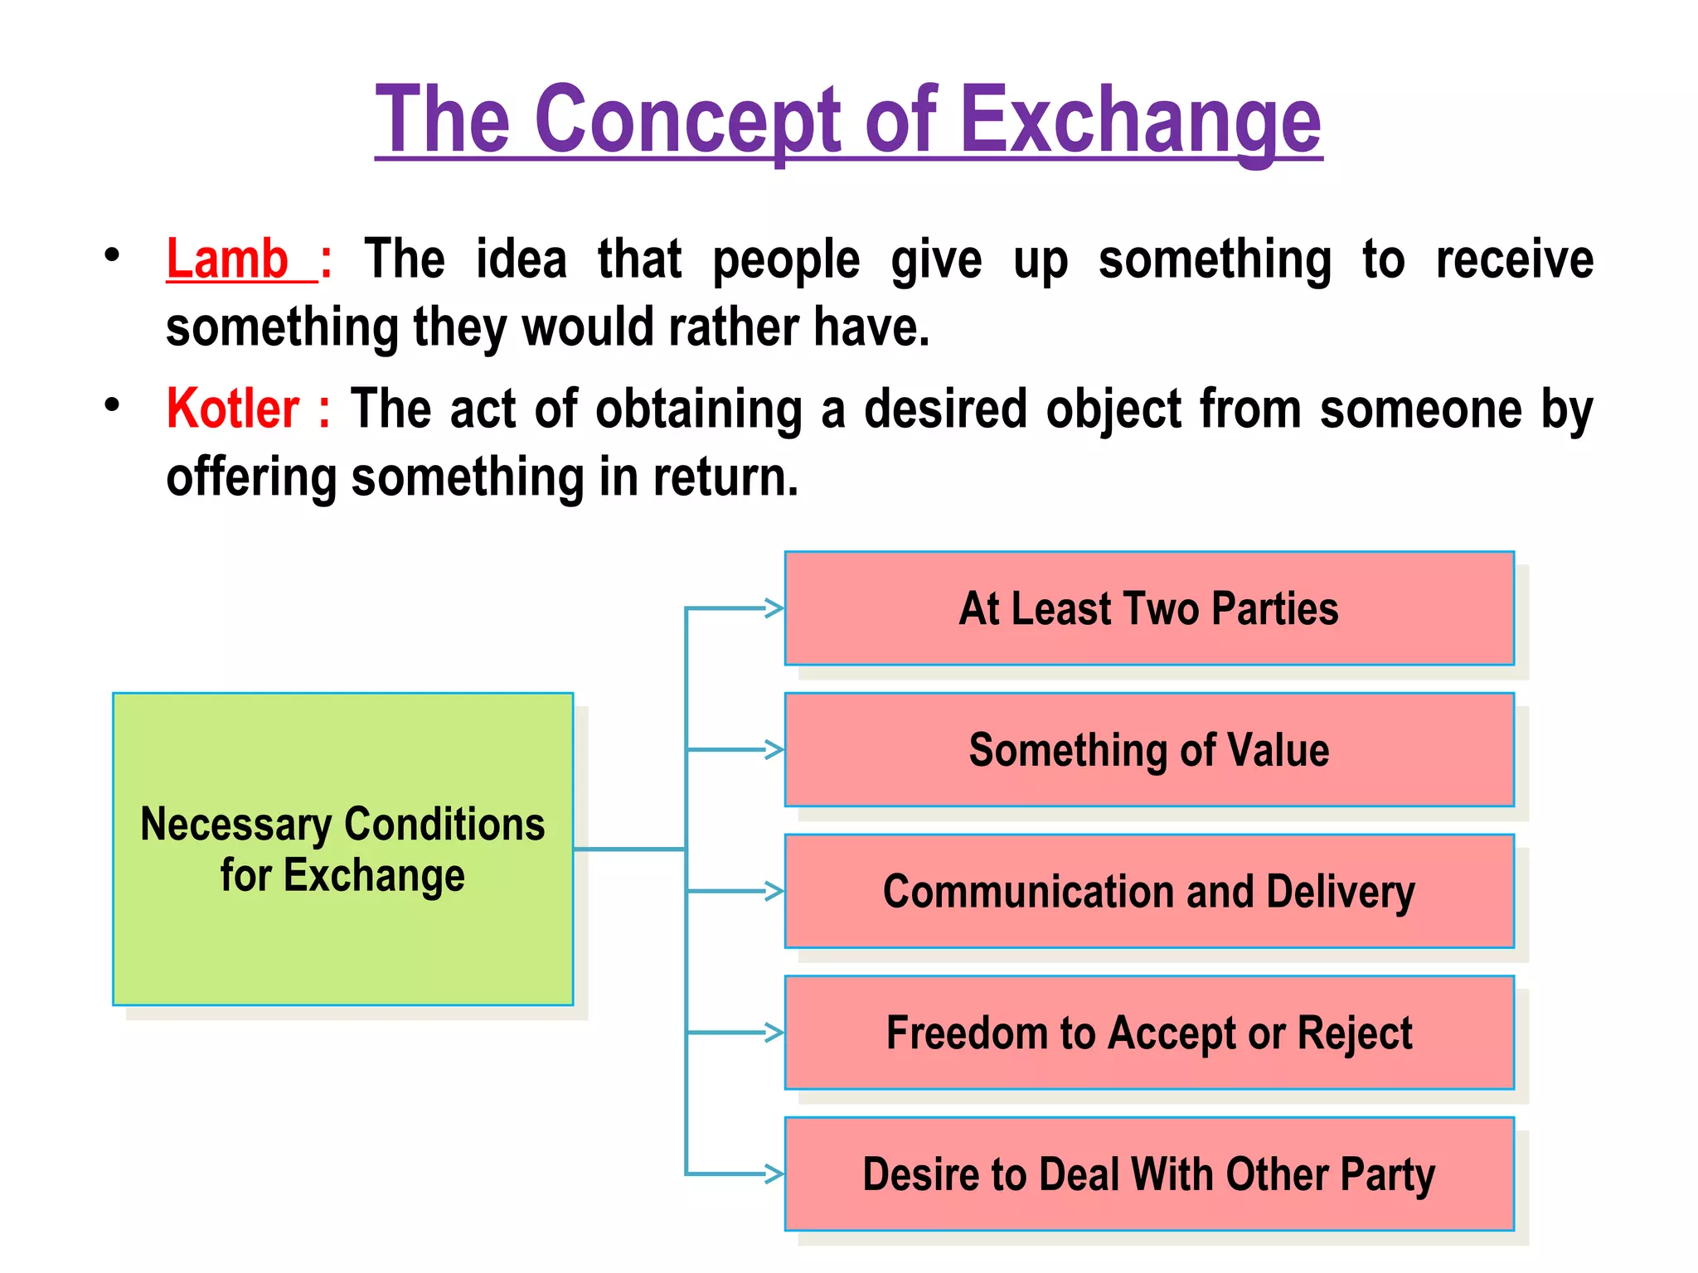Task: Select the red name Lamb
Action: tap(227, 259)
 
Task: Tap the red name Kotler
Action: tap(233, 409)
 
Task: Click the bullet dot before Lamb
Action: tap(113, 254)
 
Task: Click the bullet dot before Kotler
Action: tap(113, 404)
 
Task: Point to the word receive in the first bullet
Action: tap(1514, 259)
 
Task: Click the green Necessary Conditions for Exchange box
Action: tap(342, 849)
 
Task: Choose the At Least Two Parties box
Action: tap(1148, 608)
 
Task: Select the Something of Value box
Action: tap(1148, 750)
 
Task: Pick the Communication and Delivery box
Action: tap(1148, 892)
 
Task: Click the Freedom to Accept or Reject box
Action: tap(1148, 1033)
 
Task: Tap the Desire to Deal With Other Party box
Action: tap(1148, 1174)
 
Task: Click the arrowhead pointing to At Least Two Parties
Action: tap(775, 608)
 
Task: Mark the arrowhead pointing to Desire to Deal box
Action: tap(775, 1174)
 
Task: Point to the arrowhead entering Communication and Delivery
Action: tap(775, 892)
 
